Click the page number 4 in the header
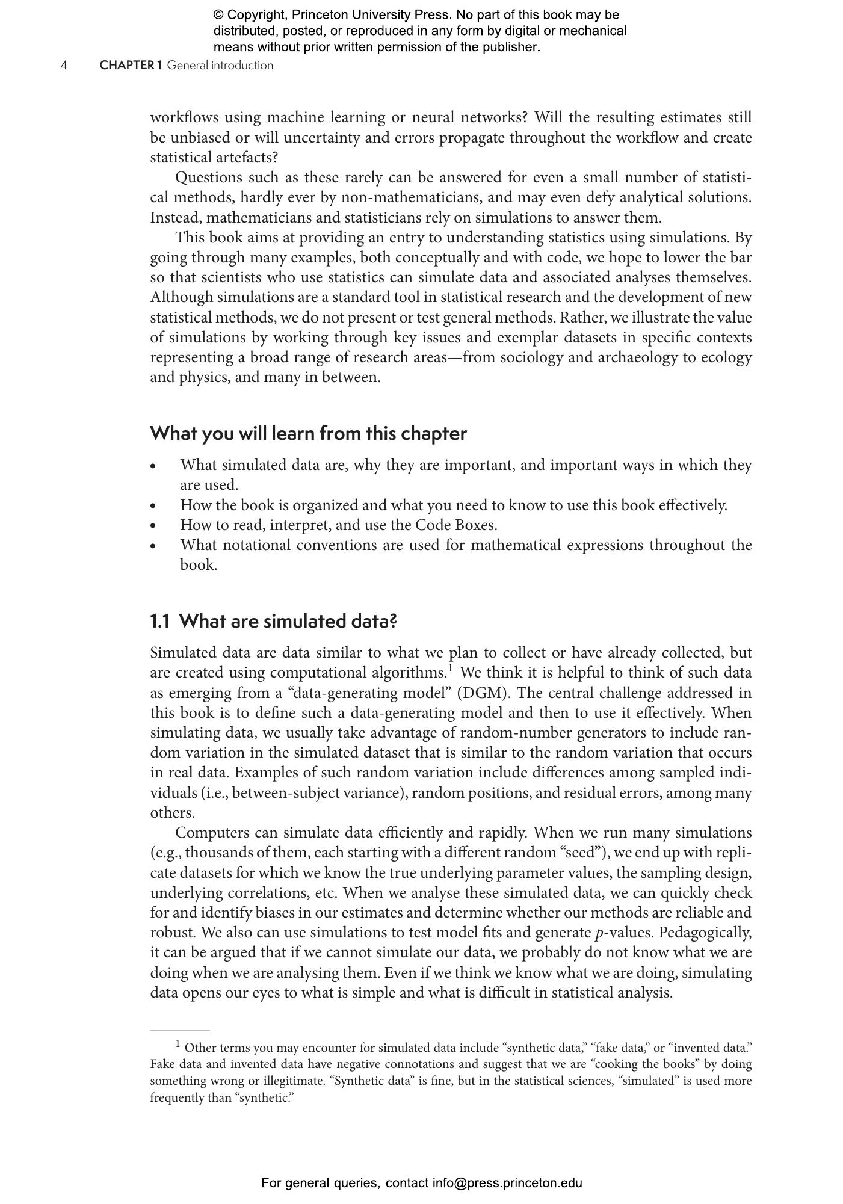pos(64,66)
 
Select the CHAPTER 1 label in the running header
pos(131,66)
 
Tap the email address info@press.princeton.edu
pos(507,1183)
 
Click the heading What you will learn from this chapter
pos(308,433)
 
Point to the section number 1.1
pos(159,621)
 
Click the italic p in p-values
pos(599,933)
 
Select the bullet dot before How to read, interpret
pos(154,525)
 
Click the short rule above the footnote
pos(179,1030)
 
